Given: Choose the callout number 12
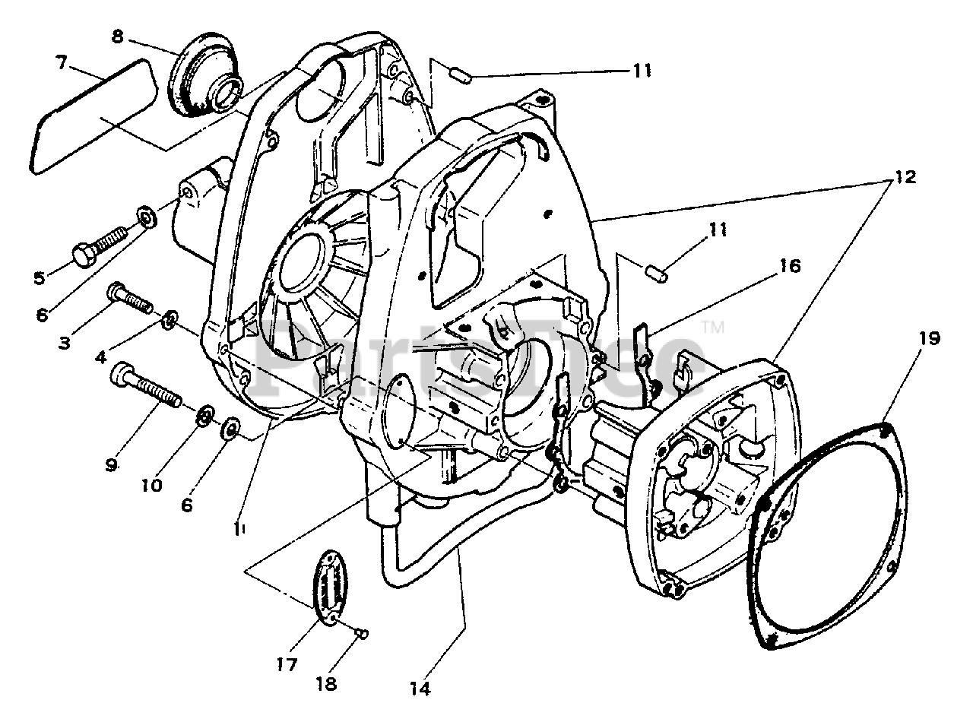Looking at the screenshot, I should click(x=905, y=177).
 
